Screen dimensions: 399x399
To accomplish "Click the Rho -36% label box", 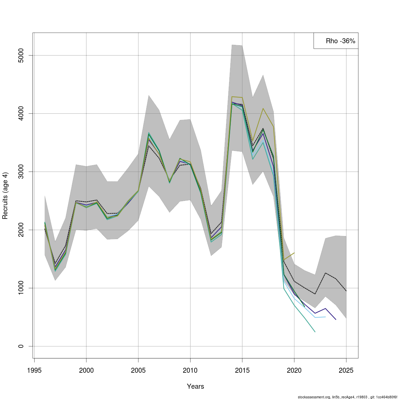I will pos(336,41).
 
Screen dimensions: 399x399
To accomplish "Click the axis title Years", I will pos(196,386).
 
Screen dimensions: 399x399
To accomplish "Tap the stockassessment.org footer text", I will pos(348,397).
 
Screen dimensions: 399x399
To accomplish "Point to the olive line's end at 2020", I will pos(294,253).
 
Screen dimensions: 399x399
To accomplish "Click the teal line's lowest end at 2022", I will pos(315,332).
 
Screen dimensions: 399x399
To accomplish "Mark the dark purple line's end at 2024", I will pos(336,320).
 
